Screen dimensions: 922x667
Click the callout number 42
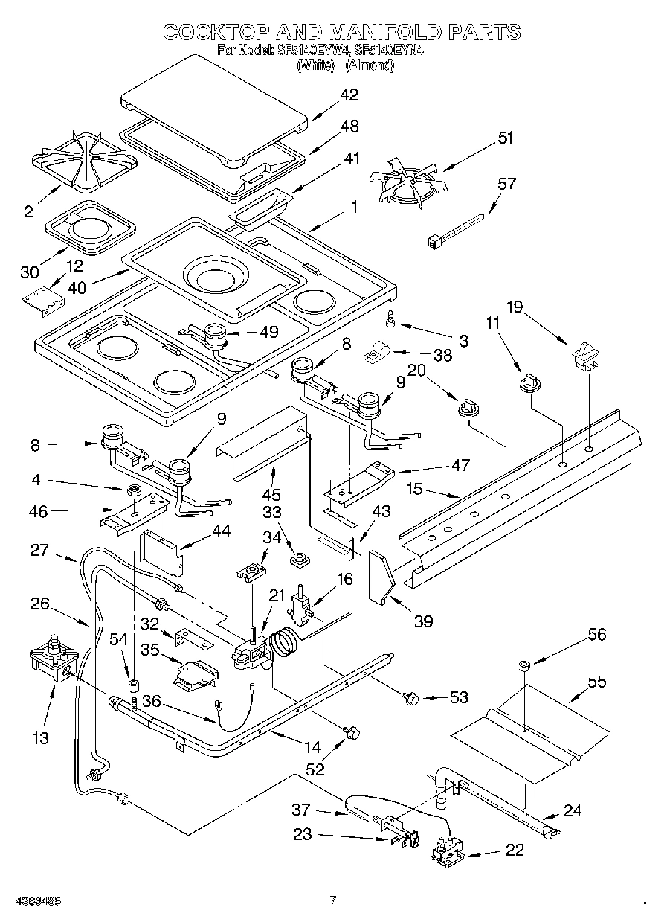[349, 95]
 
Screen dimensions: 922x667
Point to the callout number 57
[506, 183]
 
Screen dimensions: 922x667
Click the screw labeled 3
[390, 318]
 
